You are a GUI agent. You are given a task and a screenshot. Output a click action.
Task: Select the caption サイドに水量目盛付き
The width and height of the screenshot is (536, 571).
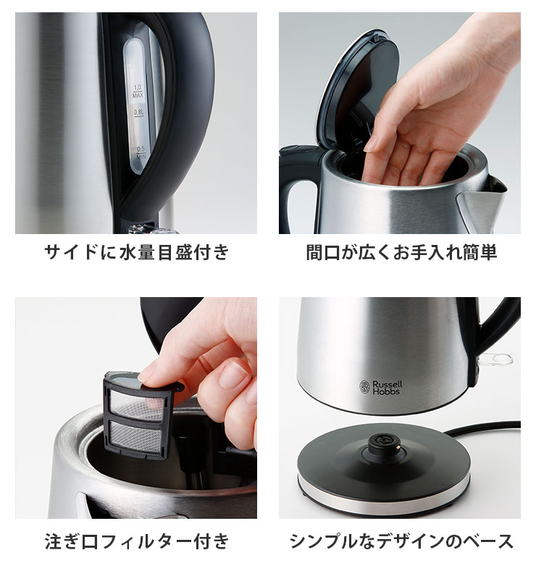136,253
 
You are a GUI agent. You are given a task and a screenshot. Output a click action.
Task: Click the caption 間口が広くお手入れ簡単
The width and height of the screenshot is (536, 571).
401,253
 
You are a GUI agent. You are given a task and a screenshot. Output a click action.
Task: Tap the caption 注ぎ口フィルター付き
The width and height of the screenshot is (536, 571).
136,541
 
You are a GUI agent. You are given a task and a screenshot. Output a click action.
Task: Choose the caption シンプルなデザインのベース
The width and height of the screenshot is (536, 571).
401,541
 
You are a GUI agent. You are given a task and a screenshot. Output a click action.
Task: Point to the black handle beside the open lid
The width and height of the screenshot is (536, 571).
297,181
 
